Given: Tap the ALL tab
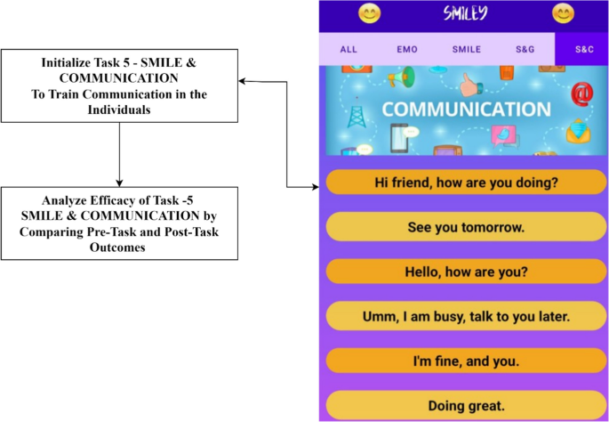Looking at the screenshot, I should click(349, 50).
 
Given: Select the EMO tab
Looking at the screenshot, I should click(407, 50).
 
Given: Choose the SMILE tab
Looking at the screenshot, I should click(466, 50).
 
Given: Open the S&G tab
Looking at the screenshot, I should click(525, 50).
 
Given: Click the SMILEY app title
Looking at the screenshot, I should click(465, 14).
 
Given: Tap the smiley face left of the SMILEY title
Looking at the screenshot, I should click(369, 14).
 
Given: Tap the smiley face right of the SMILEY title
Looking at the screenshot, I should click(563, 14).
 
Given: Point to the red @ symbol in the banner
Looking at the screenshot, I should click(582, 92).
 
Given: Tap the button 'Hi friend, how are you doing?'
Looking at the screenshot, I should click(466, 183).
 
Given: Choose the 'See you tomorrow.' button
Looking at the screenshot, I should click(466, 227).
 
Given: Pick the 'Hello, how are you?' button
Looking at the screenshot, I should click(466, 271).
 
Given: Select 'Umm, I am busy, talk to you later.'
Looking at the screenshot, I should click(466, 315).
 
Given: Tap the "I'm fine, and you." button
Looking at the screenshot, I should click(466, 361).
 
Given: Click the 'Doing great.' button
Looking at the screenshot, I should click(466, 406).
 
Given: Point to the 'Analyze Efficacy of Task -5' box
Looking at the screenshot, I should click(119, 223).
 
